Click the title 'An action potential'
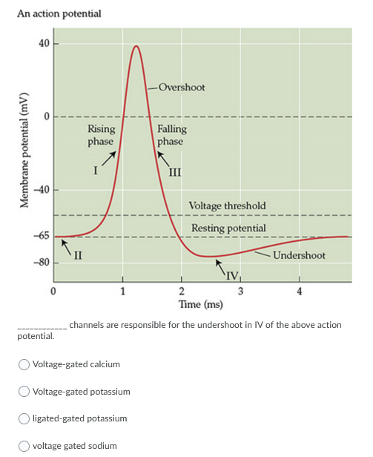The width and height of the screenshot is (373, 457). tap(59, 13)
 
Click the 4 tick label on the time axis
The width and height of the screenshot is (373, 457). tap(299, 290)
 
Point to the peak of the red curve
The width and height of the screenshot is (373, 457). tap(136, 46)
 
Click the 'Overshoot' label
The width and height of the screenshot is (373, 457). tap(181, 88)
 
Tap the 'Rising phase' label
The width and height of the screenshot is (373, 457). tap(101, 135)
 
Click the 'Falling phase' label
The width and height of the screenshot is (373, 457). tap(171, 135)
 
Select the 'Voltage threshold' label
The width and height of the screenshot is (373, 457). tap(227, 205)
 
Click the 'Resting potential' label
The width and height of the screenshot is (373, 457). tap(228, 228)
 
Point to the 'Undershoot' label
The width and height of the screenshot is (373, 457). tap(299, 255)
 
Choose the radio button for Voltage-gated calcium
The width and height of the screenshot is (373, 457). tap(24, 364)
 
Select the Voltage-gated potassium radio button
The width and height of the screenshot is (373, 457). tap(24, 392)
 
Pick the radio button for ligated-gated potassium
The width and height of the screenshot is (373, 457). tap(24, 419)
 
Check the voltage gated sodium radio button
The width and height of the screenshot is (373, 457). tap(24, 446)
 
